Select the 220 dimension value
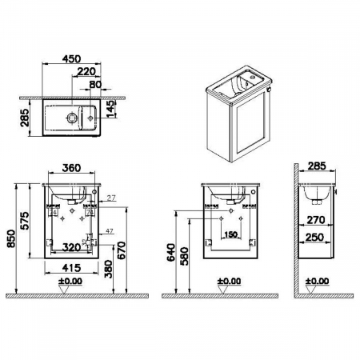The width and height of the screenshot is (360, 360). (90, 70)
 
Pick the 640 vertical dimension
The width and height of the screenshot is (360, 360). (170, 255)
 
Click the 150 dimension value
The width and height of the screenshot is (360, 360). (231, 234)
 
